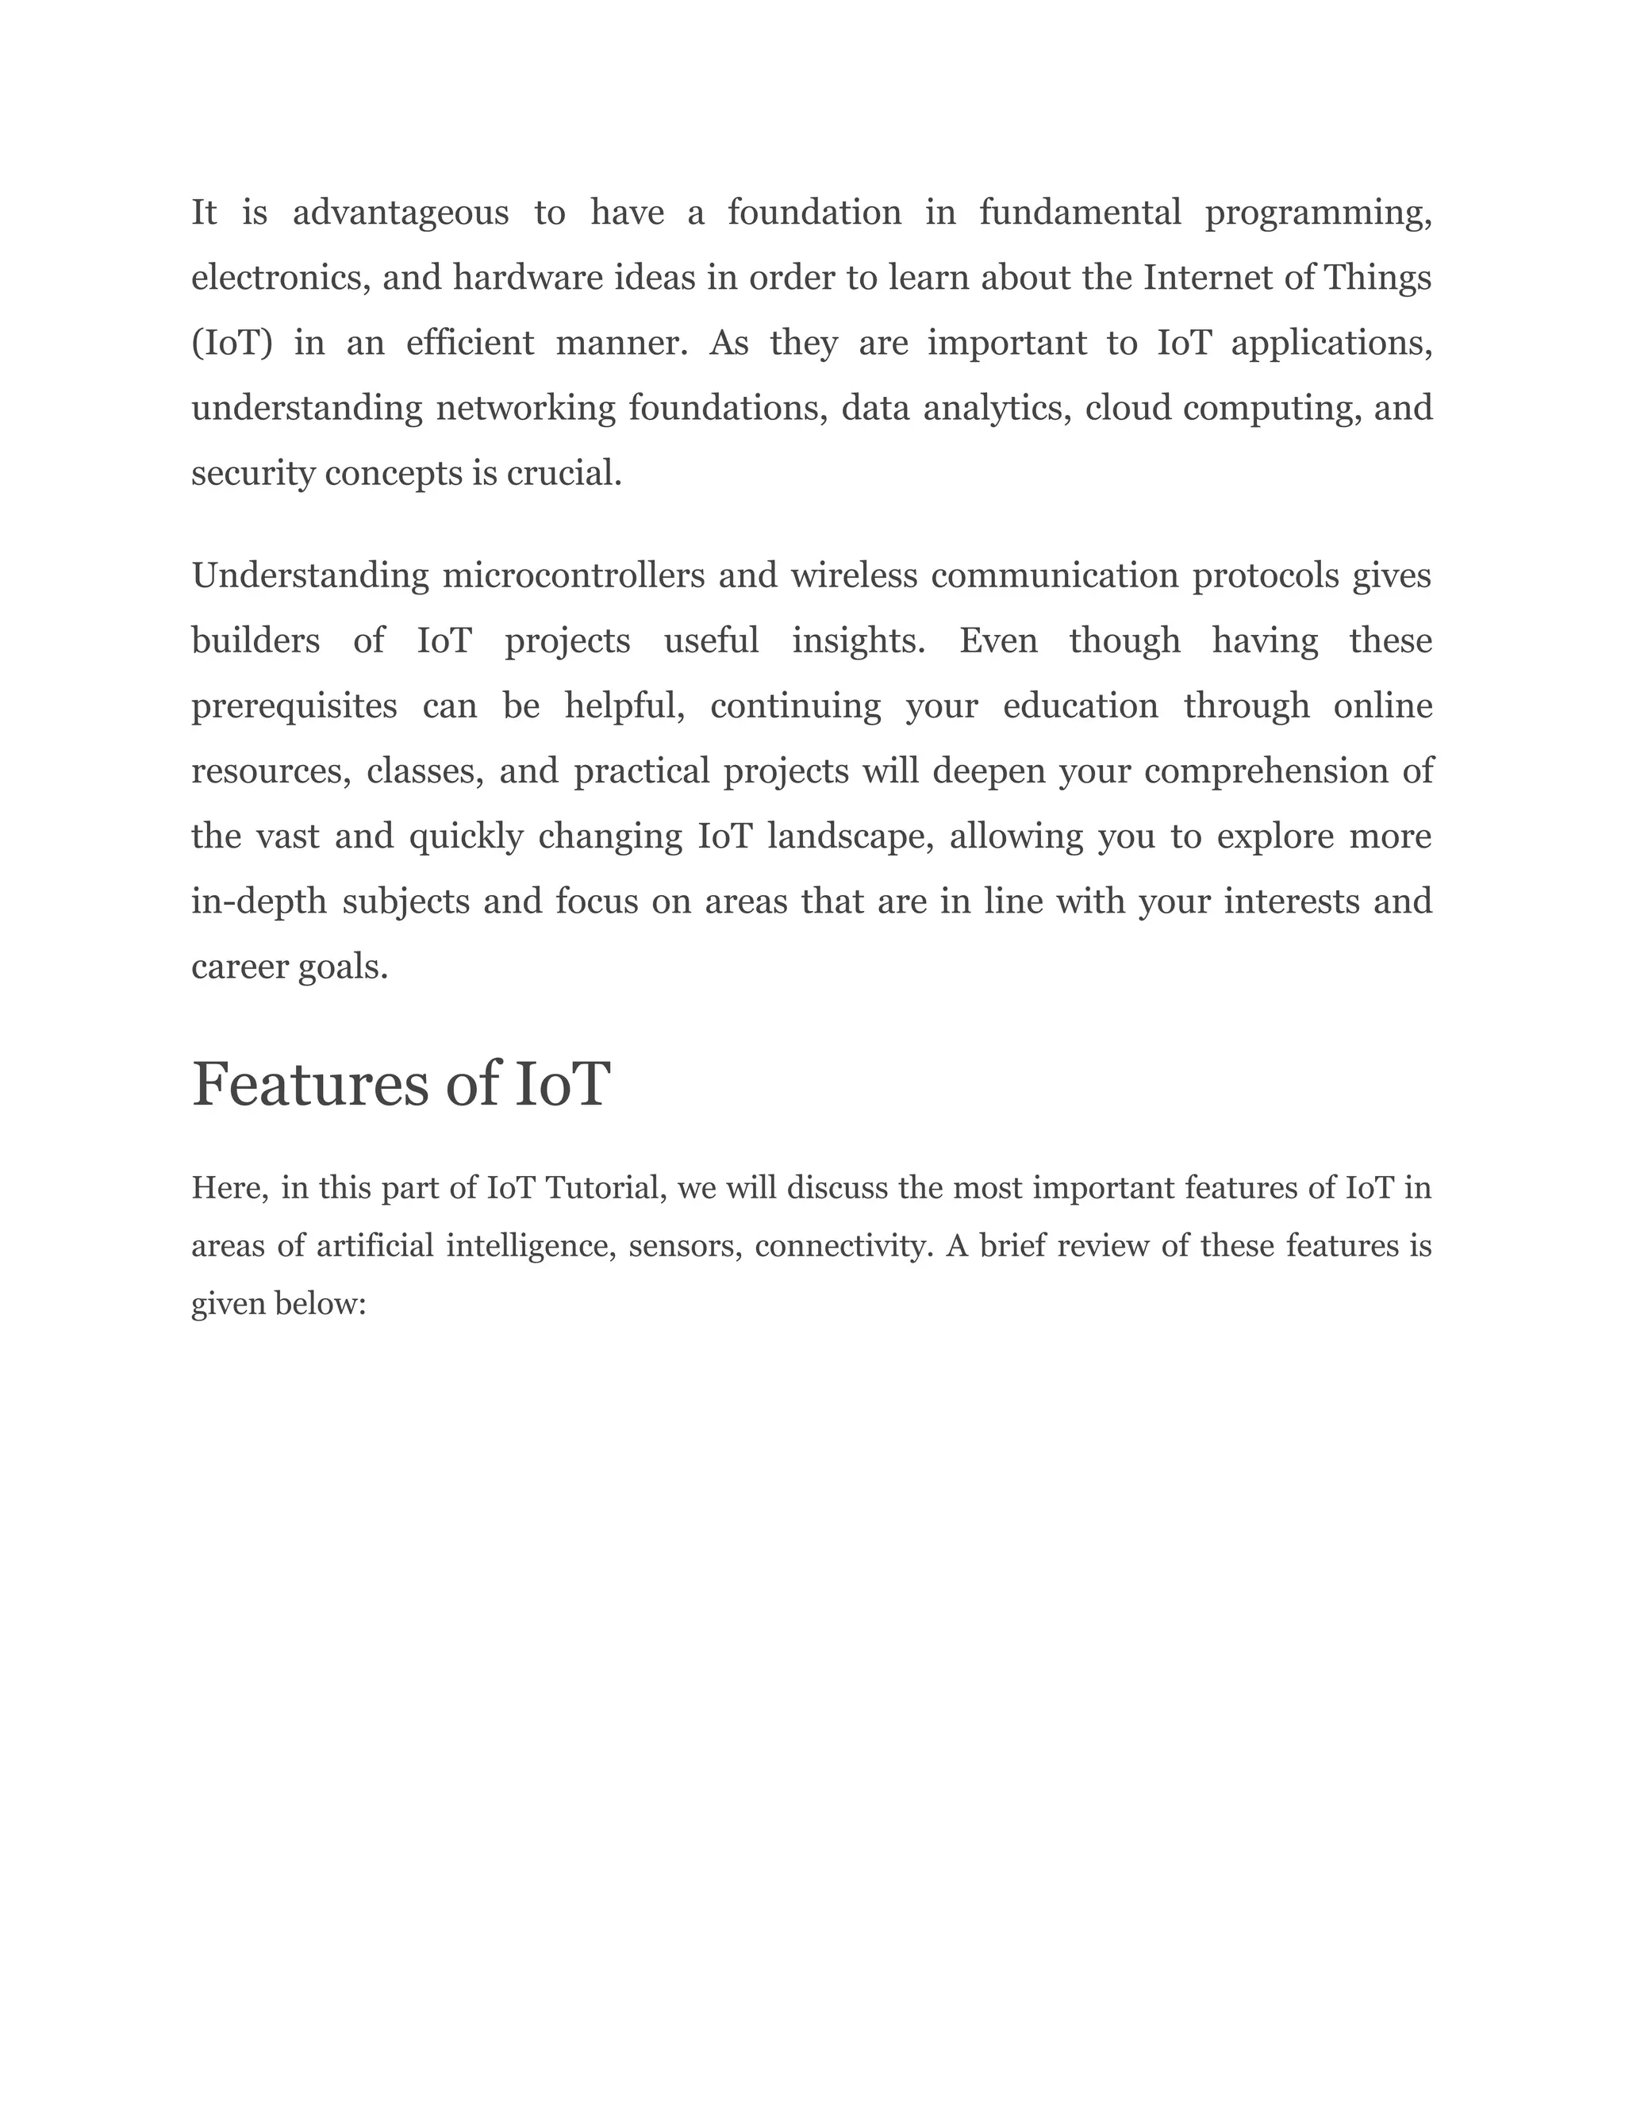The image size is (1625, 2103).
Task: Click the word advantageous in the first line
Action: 401,213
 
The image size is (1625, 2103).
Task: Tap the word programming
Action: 1317,213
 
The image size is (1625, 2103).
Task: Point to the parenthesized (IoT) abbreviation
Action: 232,343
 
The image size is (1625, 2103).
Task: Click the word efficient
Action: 470,343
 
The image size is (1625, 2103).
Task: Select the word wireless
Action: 854,576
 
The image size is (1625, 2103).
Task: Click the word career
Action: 240,967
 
